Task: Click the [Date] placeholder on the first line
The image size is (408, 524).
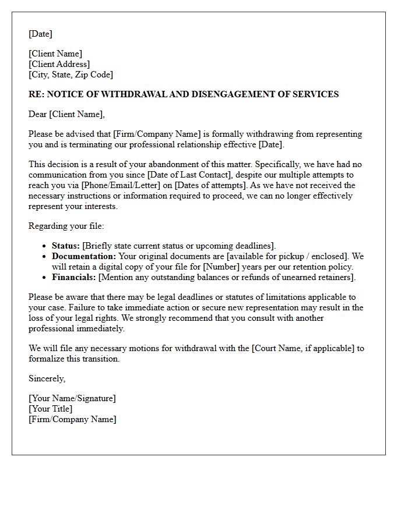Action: [40, 34]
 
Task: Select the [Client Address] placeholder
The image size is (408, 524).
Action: [59, 64]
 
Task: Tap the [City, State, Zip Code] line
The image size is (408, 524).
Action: [71, 75]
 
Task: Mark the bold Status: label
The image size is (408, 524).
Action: [66, 246]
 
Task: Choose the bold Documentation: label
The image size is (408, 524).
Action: [84, 256]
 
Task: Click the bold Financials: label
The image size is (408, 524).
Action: [74, 277]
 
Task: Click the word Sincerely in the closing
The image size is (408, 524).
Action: [47, 378]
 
